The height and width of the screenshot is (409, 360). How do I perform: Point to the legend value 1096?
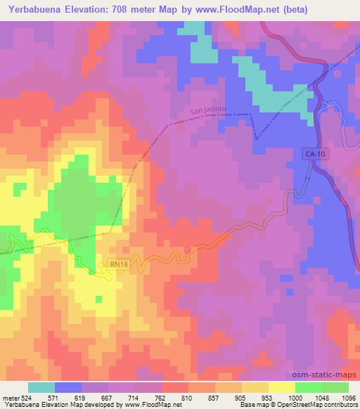click(x=348, y=398)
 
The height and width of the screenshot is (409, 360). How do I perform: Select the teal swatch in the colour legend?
click(x=41, y=387)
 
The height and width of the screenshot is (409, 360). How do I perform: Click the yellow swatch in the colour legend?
click(x=281, y=387)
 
